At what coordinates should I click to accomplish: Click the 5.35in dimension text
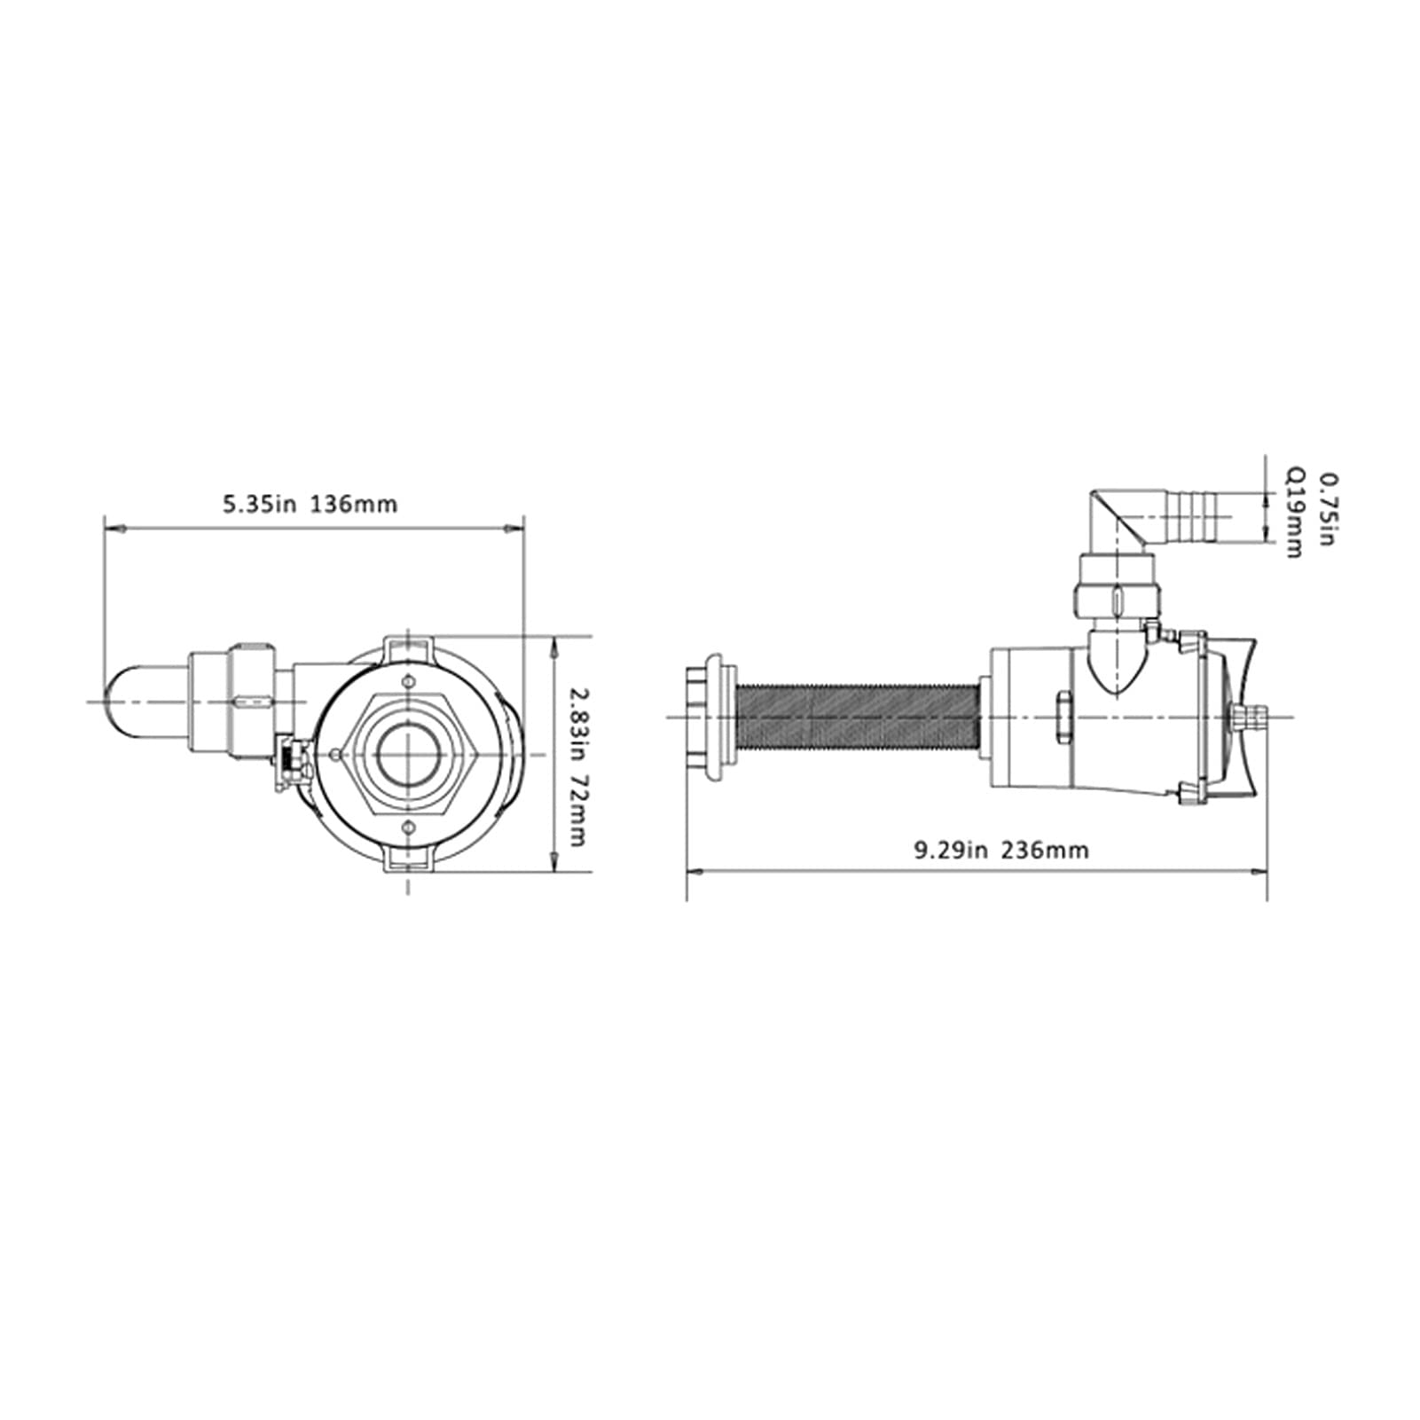[x=258, y=505]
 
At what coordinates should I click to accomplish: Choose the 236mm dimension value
[x=1045, y=851]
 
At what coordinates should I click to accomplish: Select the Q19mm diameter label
[x=1295, y=514]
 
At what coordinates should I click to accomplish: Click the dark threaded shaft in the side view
[x=858, y=716]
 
